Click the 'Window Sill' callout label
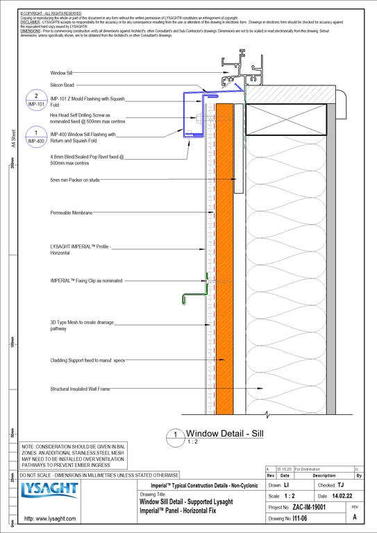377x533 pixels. pyautogui.click(x=66, y=73)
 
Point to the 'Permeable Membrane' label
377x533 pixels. pyautogui.click(x=72, y=213)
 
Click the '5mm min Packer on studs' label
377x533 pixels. pyautogui.click(x=75, y=180)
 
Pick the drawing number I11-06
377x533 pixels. pyautogui.click(x=300, y=518)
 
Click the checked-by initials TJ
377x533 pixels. pyautogui.click(x=340, y=485)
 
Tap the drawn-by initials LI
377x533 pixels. pyautogui.click(x=286, y=485)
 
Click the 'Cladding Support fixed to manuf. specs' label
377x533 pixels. pyautogui.click(x=87, y=360)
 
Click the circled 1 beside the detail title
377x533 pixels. pyautogui.click(x=176, y=437)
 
